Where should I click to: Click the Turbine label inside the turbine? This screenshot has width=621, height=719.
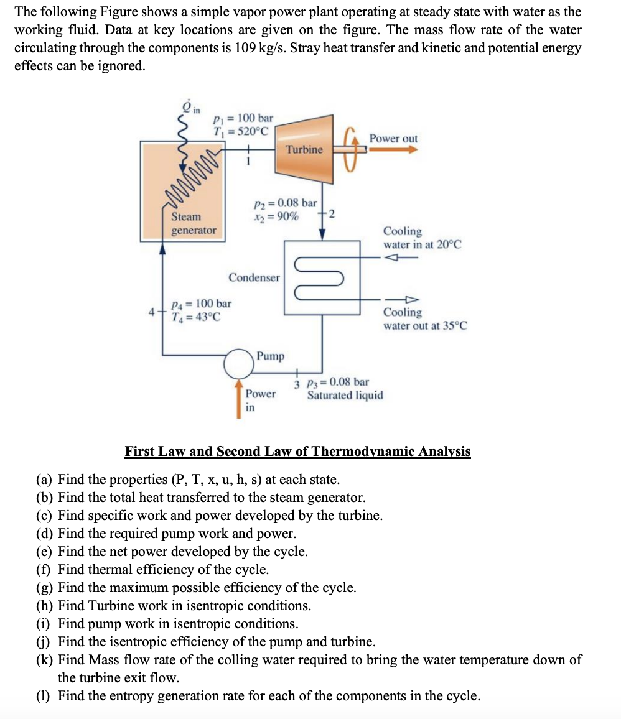click(304, 149)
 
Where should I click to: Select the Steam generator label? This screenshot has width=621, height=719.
click(194, 223)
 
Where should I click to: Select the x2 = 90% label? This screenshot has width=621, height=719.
click(275, 216)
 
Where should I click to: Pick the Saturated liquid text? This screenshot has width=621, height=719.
click(345, 396)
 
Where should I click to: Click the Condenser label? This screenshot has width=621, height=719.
click(254, 277)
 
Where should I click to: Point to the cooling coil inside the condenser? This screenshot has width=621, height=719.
click(322, 277)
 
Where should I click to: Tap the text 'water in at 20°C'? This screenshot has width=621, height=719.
click(422, 244)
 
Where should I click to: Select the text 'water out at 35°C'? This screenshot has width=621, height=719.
click(425, 325)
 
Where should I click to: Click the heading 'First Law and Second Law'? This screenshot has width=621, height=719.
click(297, 451)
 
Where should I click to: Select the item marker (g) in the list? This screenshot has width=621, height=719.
click(45, 588)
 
